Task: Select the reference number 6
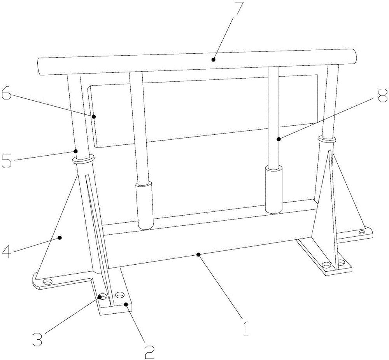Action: (x=7, y=93)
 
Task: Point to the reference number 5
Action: (x=7, y=162)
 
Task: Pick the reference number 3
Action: (x=37, y=339)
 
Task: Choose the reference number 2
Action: (x=149, y=352)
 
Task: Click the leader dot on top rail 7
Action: (x=213, y=60)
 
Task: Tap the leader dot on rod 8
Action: (x=279, y=139)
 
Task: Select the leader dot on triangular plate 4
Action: (x=60, y=237)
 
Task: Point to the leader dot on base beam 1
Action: (x=198, y=255)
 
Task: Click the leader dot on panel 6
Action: (x=94, y=116)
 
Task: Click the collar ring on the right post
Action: (x=327, y=139)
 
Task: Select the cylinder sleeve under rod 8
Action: (x=274, y=190)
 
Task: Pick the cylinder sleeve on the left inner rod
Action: (x=144, y=206)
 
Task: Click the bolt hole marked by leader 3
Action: (x=102, y=297)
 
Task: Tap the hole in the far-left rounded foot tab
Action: (x=47, y=282)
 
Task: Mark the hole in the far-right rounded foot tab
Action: (x=362, y=233)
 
